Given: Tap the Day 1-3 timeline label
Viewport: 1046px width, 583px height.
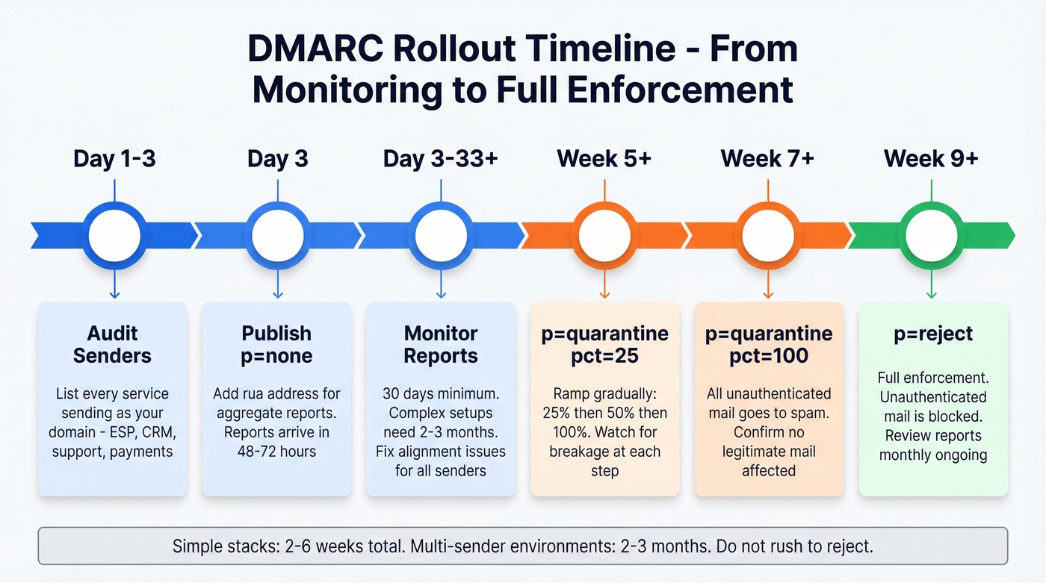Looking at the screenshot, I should (114, 159).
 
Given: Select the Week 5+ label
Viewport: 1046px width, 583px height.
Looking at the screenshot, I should (604, 159).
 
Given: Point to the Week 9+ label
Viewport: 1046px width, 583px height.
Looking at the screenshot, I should (931, 159).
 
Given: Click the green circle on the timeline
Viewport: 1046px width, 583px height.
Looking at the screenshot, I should (931, 236).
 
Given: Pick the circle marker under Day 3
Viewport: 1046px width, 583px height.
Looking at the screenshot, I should (278, 236).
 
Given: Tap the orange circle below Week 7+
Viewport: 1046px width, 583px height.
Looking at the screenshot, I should (768, 236).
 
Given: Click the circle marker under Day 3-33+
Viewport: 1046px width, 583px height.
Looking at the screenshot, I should (441, 236).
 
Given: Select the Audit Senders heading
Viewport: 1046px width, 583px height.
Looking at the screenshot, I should (112, 344).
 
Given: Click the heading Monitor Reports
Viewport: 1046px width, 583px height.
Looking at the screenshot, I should (441, 344).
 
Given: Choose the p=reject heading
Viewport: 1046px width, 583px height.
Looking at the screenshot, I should (933, 334).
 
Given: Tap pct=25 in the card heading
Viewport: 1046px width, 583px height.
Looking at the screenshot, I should (604, 356).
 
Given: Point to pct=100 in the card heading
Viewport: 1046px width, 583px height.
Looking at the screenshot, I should (769, 356).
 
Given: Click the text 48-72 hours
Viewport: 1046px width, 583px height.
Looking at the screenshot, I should (277, 451).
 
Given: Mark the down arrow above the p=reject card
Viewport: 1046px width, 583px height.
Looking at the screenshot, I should (931, 287).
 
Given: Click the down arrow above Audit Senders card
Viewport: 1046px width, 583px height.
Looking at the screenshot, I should (114, 287).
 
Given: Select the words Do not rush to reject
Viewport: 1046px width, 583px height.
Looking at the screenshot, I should (794, 546).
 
